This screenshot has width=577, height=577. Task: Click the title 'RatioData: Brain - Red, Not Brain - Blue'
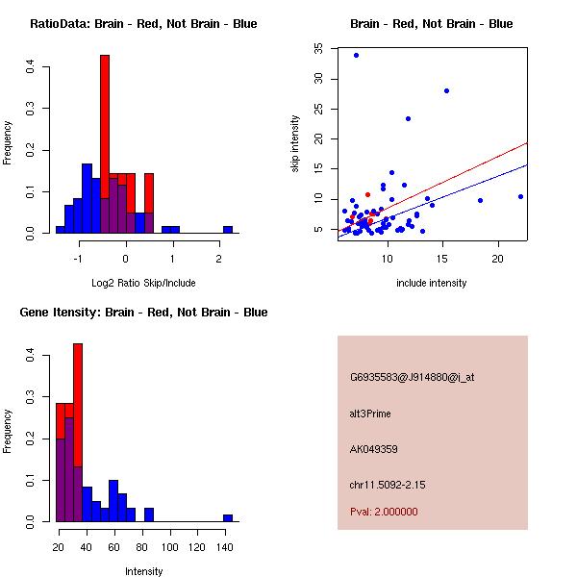pyautogui.click(x=143, y=24)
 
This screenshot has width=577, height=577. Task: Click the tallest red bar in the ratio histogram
pyautogui.click(x=105, y=125)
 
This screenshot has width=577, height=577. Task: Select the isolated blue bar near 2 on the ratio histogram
pyautogui.click(x=228, y=230)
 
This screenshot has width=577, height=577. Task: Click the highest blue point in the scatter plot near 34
pyautogui.click(x=356, y=55)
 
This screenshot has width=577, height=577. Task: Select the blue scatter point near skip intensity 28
pyautogui.click(x=447, y=90)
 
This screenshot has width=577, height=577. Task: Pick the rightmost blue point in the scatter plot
pyautogui.click(x=520, y=196)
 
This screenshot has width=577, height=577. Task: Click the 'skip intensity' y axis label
pyautogui.click(x=296, y=144)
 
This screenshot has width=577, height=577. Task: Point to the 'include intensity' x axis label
pyautogui.click(x=432, y=283)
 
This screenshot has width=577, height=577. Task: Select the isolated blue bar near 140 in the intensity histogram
pyautogui.click(x=228, y=517)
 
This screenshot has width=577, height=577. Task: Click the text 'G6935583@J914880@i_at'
pyautogui.click(x=412, y=377)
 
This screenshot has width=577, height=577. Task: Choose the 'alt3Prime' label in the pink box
pyautogui.click(x=370, y=414)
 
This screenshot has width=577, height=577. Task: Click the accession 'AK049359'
pyautogui.click(x=374, y=449)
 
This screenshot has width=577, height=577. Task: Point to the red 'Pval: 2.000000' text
pyautogui.click(x=384, y=512)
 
